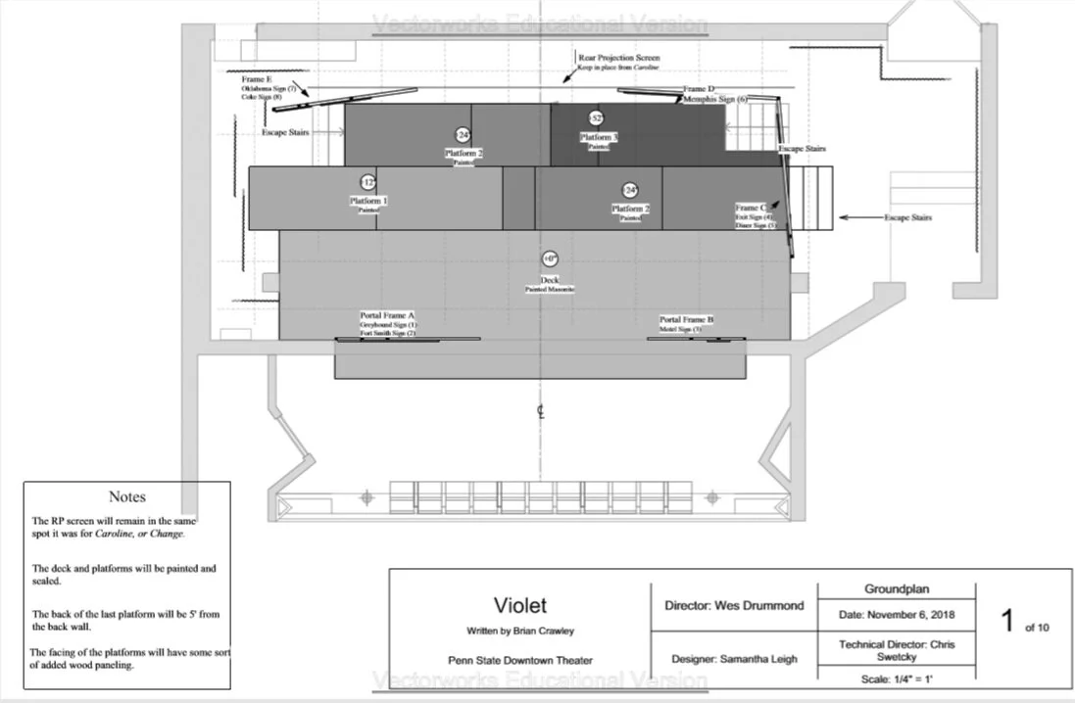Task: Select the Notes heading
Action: click(x=127, y=497)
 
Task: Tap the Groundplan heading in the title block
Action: click(x=896, y=590)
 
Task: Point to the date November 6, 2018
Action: click(x=895, y=614)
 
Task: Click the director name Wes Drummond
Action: click(x=733, y=605)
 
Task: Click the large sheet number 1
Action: click(x=1006, y=622)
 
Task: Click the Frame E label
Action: click(x=257, y=78)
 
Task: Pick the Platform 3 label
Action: click(x=598, y=138)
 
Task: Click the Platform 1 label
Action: click(x=368, y=201)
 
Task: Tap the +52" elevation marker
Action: click(x=596, y=118)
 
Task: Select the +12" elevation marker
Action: click(x=367, y=182)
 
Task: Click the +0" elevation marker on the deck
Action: click(x=549, y=258)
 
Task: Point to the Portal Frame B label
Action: click(x=686, y=320)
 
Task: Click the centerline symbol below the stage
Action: click(x=540, y=411)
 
